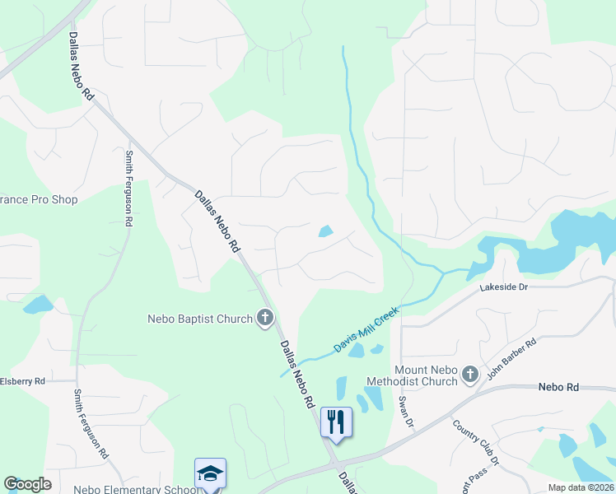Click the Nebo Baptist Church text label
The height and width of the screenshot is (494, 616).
200,319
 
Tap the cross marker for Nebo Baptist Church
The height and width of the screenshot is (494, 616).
265,318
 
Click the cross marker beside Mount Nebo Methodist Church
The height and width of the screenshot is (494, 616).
469,375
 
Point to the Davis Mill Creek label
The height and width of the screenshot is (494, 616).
366,330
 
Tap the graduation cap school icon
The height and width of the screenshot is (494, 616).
210,473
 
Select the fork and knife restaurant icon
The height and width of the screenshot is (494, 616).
336,422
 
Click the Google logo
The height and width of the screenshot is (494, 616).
27,484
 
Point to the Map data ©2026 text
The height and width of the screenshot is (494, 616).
580,487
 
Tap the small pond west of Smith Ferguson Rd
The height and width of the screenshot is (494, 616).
38,305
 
